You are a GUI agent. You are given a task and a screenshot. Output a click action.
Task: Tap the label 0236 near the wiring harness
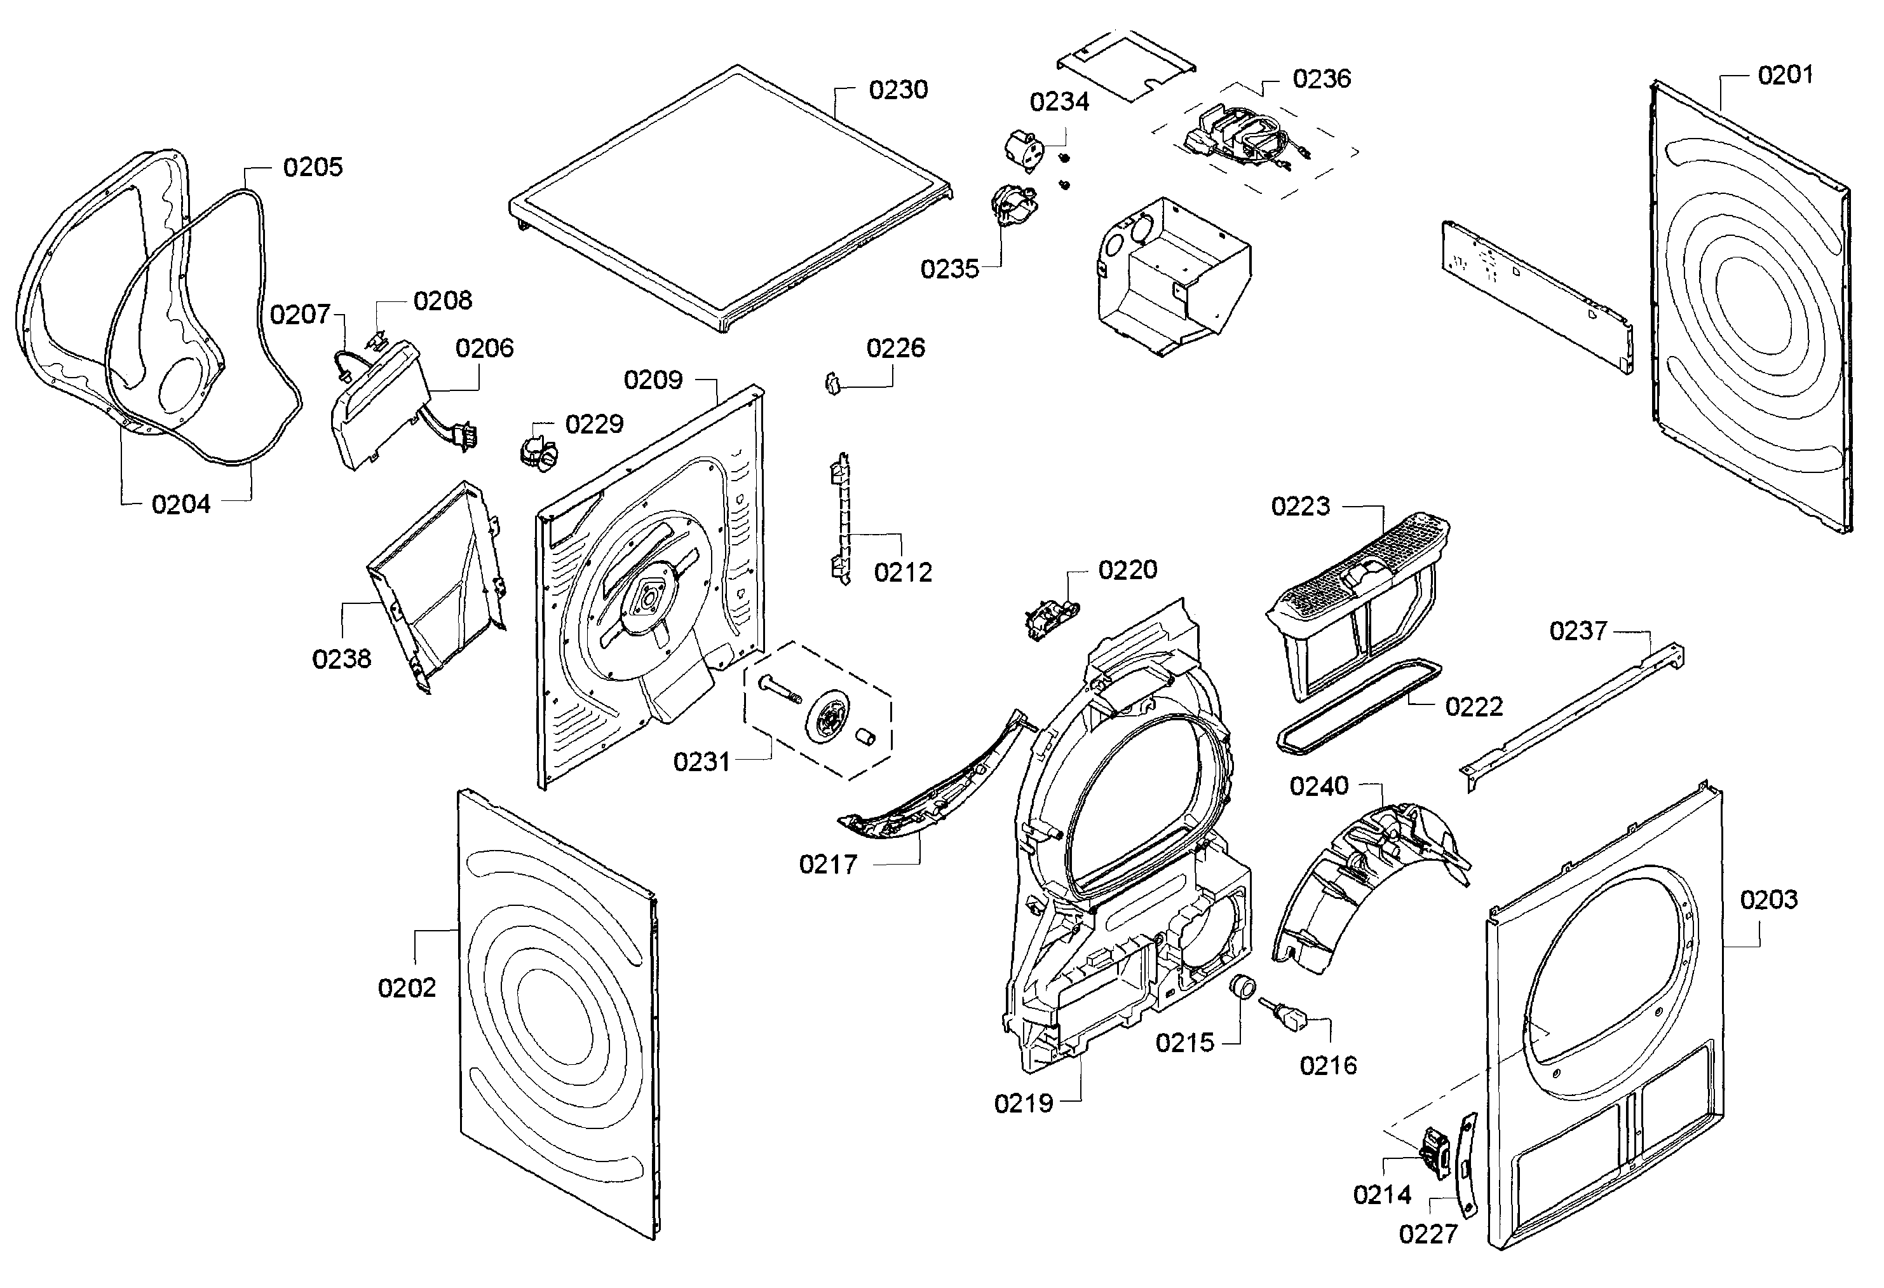pos(1322,79)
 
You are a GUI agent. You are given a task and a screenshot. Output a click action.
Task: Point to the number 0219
pos(1023,1103)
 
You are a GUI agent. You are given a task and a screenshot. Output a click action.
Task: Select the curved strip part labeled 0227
pos(1467,1165)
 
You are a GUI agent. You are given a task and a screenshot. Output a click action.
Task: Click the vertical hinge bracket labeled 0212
pos(841,519)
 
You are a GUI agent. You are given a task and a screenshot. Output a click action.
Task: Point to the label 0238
pos(341,659)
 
